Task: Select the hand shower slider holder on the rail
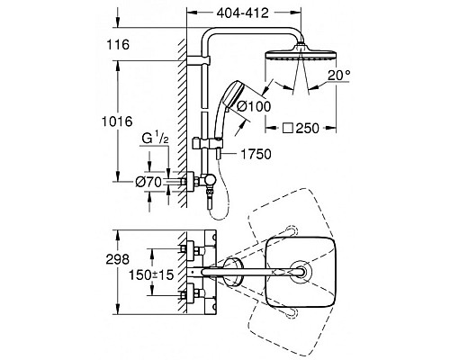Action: pyautogui.click(x=203, y=143)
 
